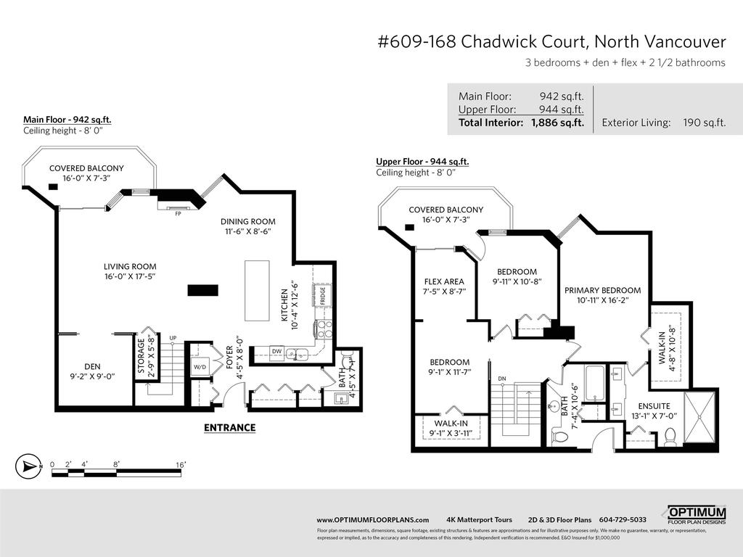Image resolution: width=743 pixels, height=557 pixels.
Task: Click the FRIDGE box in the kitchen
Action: [320, 295]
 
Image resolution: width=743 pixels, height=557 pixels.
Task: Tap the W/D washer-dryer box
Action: [200, 367]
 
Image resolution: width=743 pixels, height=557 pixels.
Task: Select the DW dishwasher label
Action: [276, 351]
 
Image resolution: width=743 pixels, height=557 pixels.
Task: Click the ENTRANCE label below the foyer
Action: [229, 428]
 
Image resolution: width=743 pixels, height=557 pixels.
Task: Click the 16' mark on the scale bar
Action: [180, 463]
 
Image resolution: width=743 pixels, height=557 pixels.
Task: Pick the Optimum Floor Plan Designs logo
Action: [697, 516]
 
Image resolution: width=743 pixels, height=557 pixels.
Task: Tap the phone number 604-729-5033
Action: [623, 519]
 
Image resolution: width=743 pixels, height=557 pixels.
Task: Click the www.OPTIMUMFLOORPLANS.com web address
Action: [373, 519]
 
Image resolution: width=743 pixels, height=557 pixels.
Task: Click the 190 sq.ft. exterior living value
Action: [704, 123]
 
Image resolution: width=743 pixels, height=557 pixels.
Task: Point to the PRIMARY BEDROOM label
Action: [602, 290]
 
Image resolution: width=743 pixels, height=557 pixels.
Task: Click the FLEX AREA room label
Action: [443, 281]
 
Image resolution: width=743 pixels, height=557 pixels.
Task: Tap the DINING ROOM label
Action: [248, 221]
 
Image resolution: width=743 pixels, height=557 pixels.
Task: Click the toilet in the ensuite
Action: [670, 437]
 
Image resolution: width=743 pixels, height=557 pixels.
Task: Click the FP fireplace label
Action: [178, 214]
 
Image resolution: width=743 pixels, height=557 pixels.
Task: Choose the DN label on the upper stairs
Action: [501, 379]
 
